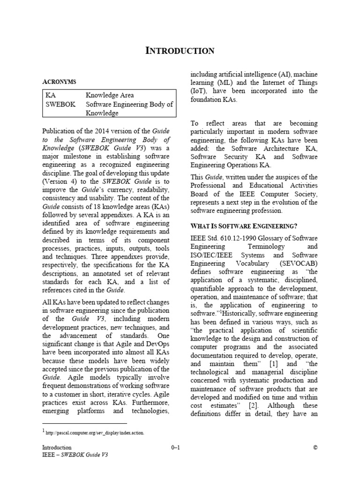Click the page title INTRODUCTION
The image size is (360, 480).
click(x=180, y=51)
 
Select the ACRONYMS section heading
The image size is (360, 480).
click(x=59, y=82)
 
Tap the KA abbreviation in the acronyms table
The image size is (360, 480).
click(x=50, y=95)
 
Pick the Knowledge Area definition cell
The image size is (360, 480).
click(x=110, y=95)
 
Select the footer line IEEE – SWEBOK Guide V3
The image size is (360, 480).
click(x=75, y=455)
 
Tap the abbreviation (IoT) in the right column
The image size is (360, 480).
click(x=200, y=91)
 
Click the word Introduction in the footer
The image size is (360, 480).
click(x=57, y=448)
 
